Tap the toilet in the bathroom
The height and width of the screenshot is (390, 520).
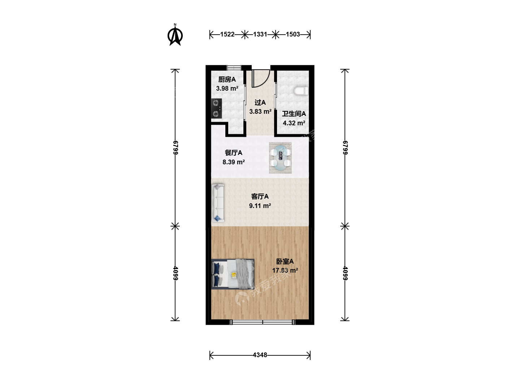pos(301,91)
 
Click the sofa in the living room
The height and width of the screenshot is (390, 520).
pos(218,203)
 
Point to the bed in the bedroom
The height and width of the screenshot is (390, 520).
pos(233,274)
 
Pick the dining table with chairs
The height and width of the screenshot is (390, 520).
pos(280,158)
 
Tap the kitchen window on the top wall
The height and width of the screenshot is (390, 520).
pos(234,68)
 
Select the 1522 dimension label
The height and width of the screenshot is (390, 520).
pos(227,34)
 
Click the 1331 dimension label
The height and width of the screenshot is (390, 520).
pos(260,34)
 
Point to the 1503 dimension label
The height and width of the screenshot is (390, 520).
pos(292,34)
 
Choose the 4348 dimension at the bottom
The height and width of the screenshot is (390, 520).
pos(260,355)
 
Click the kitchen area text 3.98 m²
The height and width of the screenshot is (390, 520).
pos(227,88)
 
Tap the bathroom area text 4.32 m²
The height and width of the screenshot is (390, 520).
pos(294,123)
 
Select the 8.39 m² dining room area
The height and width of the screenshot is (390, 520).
pos(233,162)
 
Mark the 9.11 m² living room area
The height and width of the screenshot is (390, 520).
pos(260,205)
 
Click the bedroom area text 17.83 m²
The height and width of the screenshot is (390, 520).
pos(285,270)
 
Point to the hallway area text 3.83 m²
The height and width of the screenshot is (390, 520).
pos(260,111)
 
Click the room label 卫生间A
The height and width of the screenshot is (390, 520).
pos(294,114)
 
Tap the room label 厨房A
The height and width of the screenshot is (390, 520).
pos(227,79)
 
